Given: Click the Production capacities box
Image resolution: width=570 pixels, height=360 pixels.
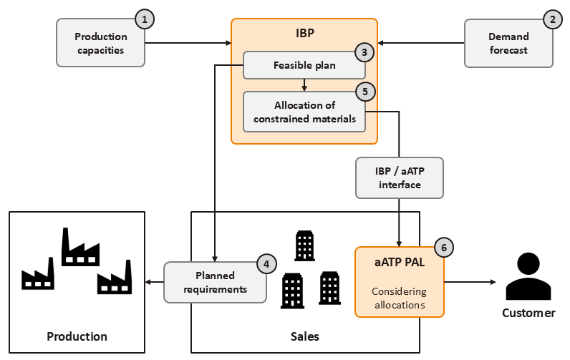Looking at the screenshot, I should [x=100, y=43].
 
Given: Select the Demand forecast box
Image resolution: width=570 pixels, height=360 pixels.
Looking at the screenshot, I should [x=508, y=43].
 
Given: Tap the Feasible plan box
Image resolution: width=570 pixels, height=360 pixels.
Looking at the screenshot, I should [x=304, y=65].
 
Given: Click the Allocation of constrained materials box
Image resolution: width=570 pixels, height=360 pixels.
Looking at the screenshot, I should [x=304, y=112].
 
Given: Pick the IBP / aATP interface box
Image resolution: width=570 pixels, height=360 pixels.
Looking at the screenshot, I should [x=400, y=177].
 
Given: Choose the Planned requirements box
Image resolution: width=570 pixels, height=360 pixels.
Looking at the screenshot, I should [x=215, y=282].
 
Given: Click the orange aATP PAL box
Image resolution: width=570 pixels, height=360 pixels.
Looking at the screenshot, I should [x=399, y=281].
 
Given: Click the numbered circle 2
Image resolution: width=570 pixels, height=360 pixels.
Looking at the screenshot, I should [x=552, y=20].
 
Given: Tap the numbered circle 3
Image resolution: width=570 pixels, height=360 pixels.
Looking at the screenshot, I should [x=364, y=52].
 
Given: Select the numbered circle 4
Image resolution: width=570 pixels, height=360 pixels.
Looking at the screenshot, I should [x=266, y=263].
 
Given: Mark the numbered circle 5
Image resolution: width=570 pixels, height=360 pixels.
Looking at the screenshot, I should [x=364, y=92].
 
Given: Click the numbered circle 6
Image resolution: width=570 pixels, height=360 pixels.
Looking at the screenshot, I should [x=443, y=248].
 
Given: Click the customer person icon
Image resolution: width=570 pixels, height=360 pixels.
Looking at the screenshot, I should [x=528, y=276].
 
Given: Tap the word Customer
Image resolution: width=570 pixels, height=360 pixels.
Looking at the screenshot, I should [x=528, y=313].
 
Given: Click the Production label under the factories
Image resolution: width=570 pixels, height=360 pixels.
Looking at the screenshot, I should [x=77, y=336].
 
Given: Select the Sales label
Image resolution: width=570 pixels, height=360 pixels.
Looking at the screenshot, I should [x=304, y=336].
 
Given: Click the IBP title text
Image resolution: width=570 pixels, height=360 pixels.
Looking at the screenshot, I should [x=304, y=34].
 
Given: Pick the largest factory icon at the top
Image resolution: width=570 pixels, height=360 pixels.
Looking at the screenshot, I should [x=80, y=248].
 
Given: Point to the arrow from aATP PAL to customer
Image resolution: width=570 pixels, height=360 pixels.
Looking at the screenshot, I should [x=469, y=282].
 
